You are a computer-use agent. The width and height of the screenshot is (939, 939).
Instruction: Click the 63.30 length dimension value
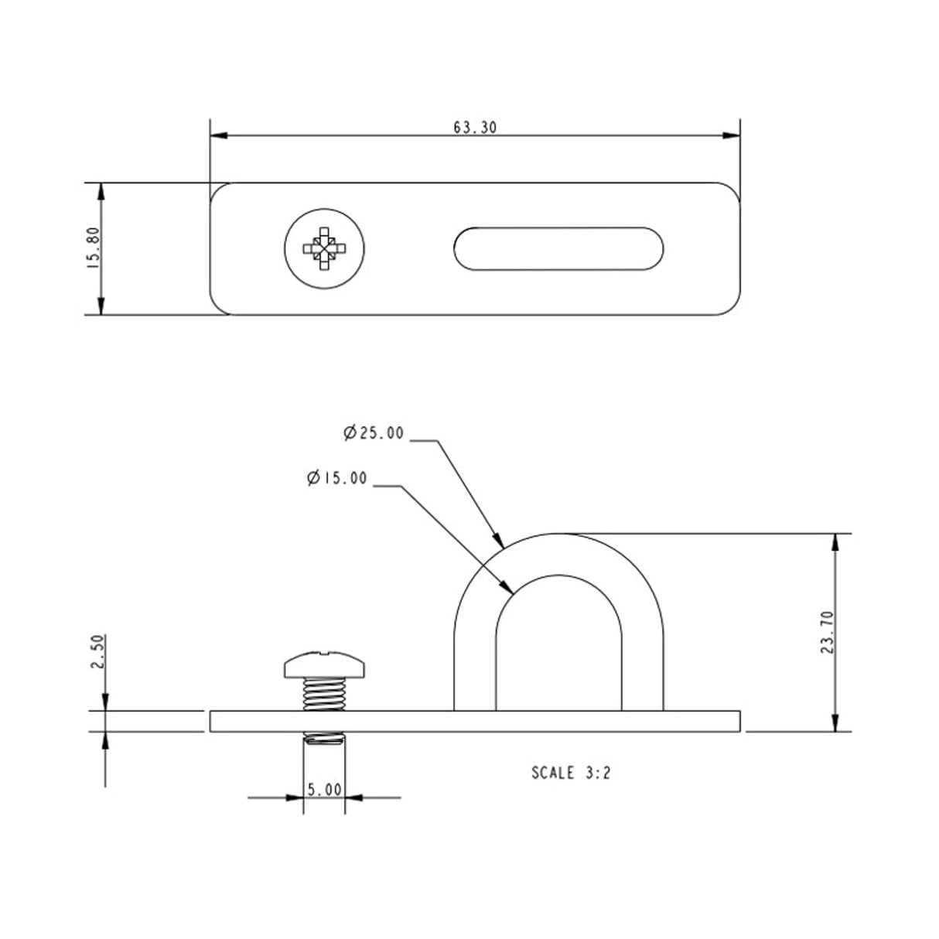[474, 128]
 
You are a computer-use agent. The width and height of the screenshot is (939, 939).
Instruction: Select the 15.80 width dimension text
[94, 249]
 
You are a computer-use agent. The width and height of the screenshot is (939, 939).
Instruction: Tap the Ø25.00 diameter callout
[374, 434]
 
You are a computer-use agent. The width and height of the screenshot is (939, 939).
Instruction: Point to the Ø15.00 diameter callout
[337, 479]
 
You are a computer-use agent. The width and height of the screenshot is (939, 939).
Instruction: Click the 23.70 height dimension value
[828, 633]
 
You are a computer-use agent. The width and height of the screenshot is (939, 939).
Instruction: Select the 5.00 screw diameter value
[324, 790]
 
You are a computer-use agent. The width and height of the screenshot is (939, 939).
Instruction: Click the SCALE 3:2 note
[571, 772]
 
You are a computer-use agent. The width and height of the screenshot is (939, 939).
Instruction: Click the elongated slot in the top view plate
[558, 249]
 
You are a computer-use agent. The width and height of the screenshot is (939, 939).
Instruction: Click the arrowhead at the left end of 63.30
[219, 136]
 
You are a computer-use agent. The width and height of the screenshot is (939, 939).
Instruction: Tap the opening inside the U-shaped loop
[558, 650]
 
